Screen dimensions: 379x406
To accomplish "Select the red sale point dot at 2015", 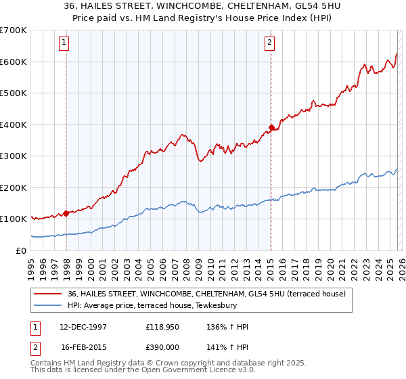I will (x=271, y=127).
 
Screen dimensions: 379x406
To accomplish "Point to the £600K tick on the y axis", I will (x=14, y=62).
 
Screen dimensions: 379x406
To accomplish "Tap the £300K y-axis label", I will (x=14, y=156).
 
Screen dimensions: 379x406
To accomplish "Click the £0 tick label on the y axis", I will (x=22, y=250).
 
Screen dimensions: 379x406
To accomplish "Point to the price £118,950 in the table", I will (x=160, y=327).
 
